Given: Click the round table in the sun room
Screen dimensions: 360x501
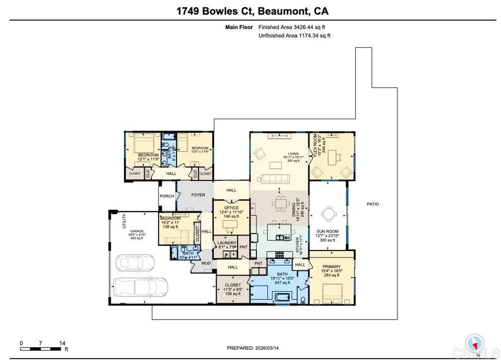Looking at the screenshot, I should (x=327, y=214).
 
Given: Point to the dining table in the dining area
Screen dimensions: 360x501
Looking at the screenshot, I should (x=279, y=202).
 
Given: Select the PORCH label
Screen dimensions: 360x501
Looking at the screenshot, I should (x=166, y=196).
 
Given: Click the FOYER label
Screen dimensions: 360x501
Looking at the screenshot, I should (x=198, y=195).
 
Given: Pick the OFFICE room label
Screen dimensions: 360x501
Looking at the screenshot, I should (x=231, y=208).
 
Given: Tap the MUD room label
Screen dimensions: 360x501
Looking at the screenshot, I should (x=206, y=263).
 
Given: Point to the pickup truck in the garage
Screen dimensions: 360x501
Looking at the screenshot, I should (x=140, y=287).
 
